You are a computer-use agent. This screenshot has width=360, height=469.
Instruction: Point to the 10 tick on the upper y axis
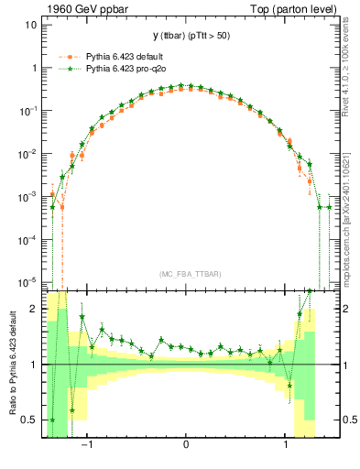31,25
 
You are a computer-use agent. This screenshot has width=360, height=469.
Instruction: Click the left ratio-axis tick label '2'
35,310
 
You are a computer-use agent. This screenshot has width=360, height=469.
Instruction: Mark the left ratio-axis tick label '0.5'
31,420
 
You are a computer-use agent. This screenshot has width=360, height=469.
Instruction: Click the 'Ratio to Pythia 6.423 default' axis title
10,365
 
